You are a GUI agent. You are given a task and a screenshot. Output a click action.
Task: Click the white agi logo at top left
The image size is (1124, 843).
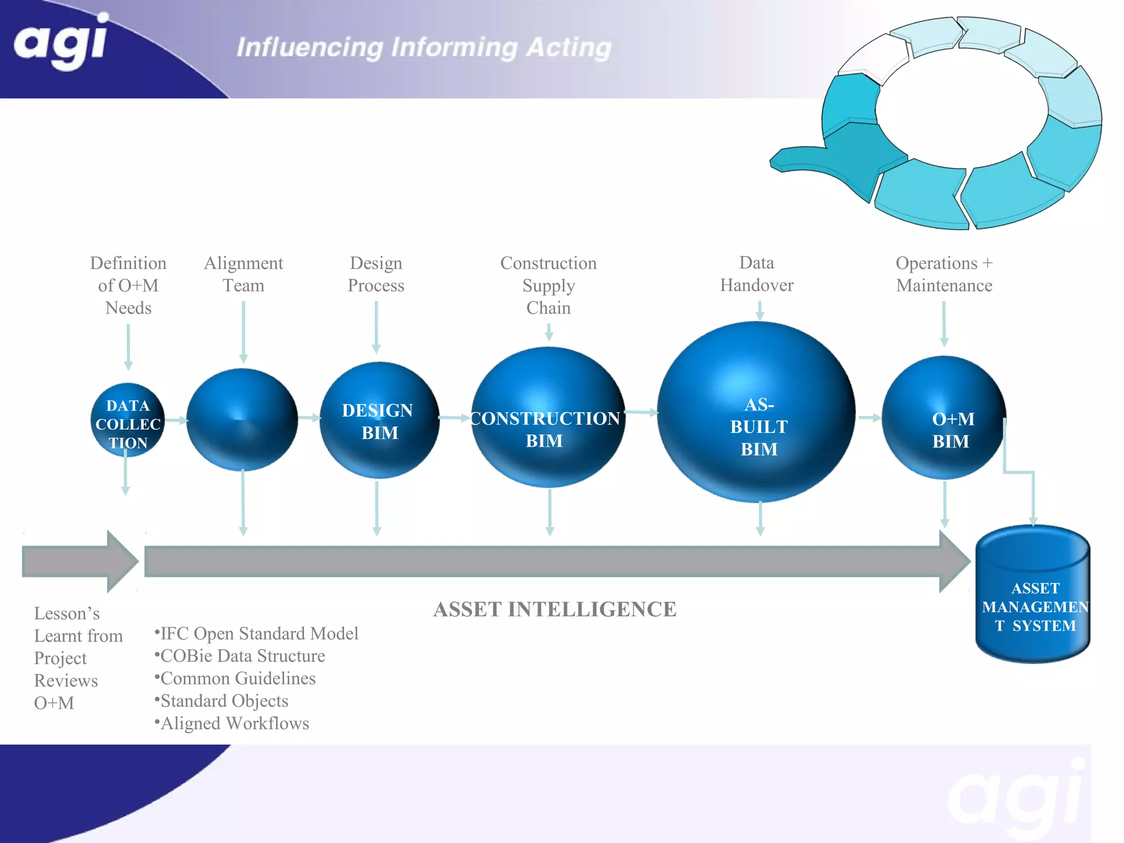[60, 41]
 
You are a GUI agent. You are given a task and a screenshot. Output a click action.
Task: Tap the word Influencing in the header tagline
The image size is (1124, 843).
[310, 48]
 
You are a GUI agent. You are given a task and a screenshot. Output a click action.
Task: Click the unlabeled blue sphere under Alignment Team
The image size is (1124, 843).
[242, 420]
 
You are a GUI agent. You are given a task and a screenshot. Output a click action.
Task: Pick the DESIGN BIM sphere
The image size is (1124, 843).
[379, 420]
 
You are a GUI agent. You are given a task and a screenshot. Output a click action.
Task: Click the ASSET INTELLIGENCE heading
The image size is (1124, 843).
[554, 609]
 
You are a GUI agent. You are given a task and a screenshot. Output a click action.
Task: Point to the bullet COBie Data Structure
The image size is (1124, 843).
[241, 656]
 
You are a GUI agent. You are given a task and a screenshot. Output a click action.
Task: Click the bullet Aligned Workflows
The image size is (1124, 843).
[233, 723]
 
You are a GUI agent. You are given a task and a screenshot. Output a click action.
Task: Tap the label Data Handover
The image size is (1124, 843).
[756, 274]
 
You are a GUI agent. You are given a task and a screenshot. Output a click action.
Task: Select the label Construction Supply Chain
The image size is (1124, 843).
[548, 285]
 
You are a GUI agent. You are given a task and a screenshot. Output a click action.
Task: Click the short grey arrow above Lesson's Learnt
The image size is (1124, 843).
[77, 561]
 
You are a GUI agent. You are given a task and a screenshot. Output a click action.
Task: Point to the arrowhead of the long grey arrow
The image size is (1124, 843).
[954, 561]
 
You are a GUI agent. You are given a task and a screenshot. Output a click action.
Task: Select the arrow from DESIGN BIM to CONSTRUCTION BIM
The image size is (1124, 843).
[453, 418]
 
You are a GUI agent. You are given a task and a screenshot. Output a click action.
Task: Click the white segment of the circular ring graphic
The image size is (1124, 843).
[873, 58]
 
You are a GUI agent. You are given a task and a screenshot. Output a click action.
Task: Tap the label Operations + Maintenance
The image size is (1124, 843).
[944, 274]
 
